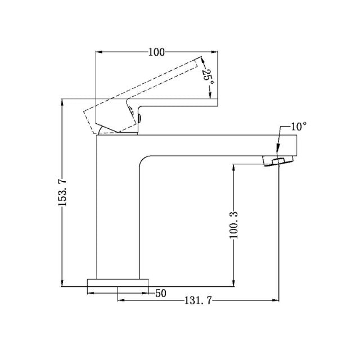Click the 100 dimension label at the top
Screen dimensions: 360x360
tap(156, 52)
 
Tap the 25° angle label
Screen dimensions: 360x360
tap(208, 76)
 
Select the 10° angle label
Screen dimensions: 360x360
tap(298, 126)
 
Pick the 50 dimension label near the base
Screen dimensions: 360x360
tap(160, 292)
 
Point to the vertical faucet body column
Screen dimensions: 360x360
tap(117, 214)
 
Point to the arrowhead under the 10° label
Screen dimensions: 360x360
tap(278, 148)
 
